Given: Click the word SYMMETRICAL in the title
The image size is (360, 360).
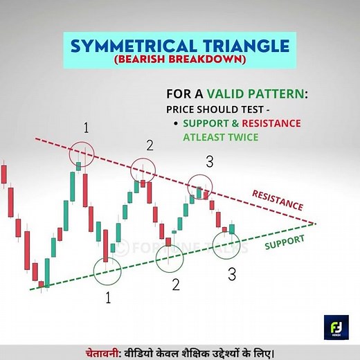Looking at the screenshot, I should [125, 48].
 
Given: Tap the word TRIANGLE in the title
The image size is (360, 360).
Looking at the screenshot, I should [242, 48].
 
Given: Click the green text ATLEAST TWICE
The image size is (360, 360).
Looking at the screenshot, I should [222, 136].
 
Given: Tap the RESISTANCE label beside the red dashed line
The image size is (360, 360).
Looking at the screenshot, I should [276, 199].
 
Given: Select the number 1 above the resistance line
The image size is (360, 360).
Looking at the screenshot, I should [86, 127].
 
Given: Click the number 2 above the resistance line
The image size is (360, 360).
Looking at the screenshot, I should [149, 145].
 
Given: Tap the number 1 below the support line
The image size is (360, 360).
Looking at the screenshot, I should [107, 298].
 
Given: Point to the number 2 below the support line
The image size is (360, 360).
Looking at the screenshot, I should [176, 285].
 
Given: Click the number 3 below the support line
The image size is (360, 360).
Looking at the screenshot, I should [232, 274].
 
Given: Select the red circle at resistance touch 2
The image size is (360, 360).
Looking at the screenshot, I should [144, 170].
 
